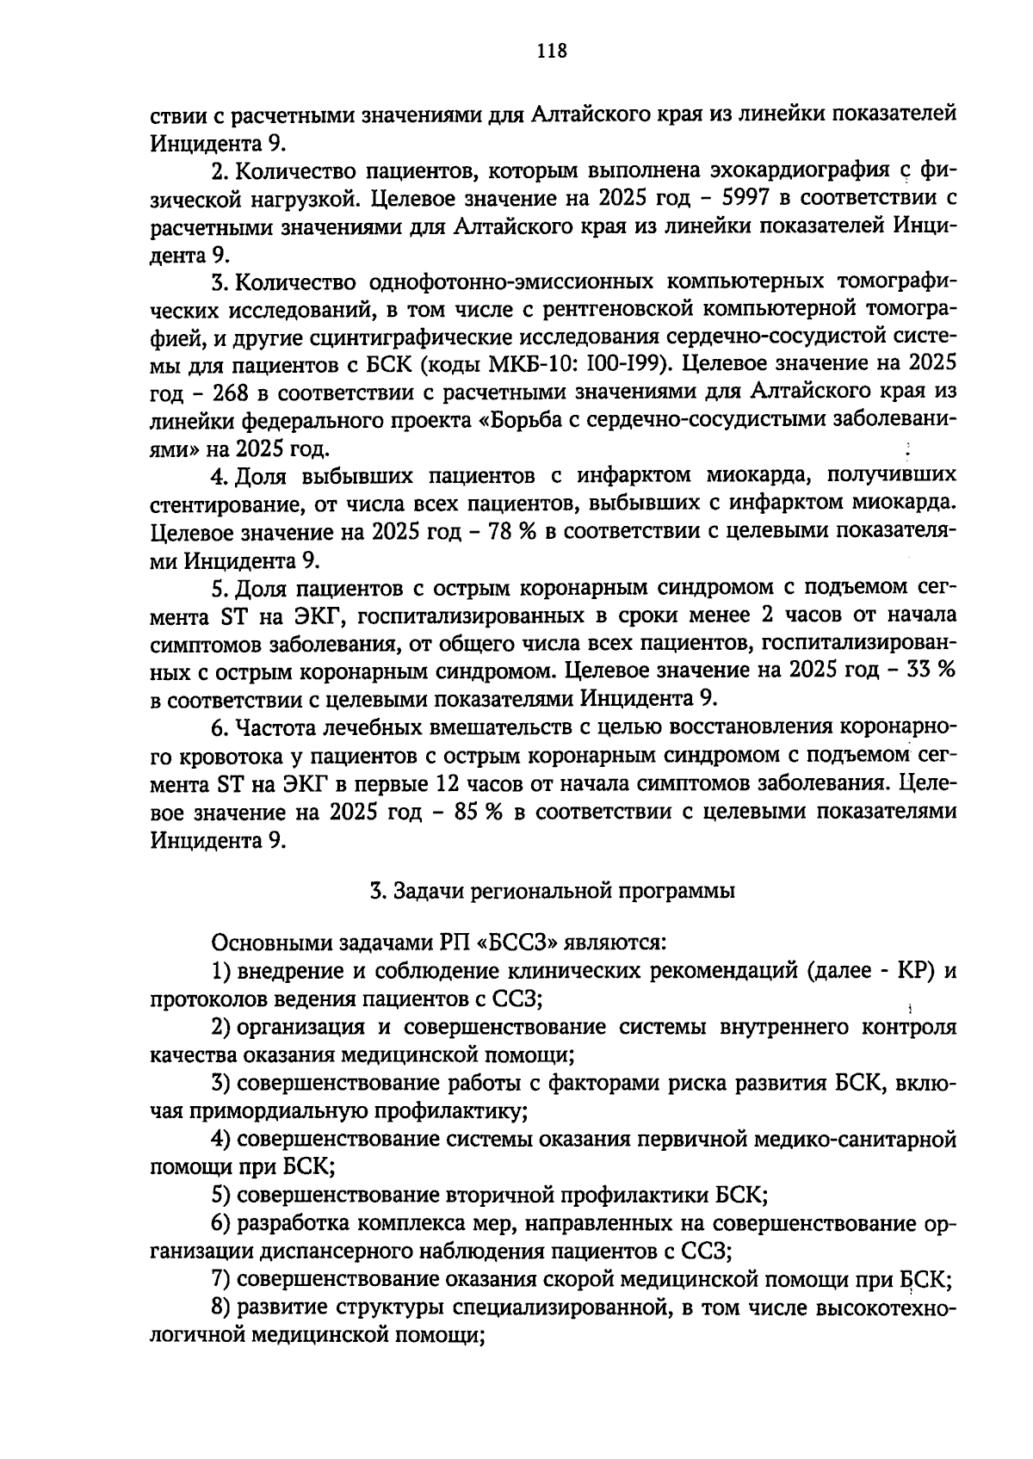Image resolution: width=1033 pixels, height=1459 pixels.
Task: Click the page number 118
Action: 552,51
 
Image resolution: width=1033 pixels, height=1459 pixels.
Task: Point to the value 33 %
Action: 931,671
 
